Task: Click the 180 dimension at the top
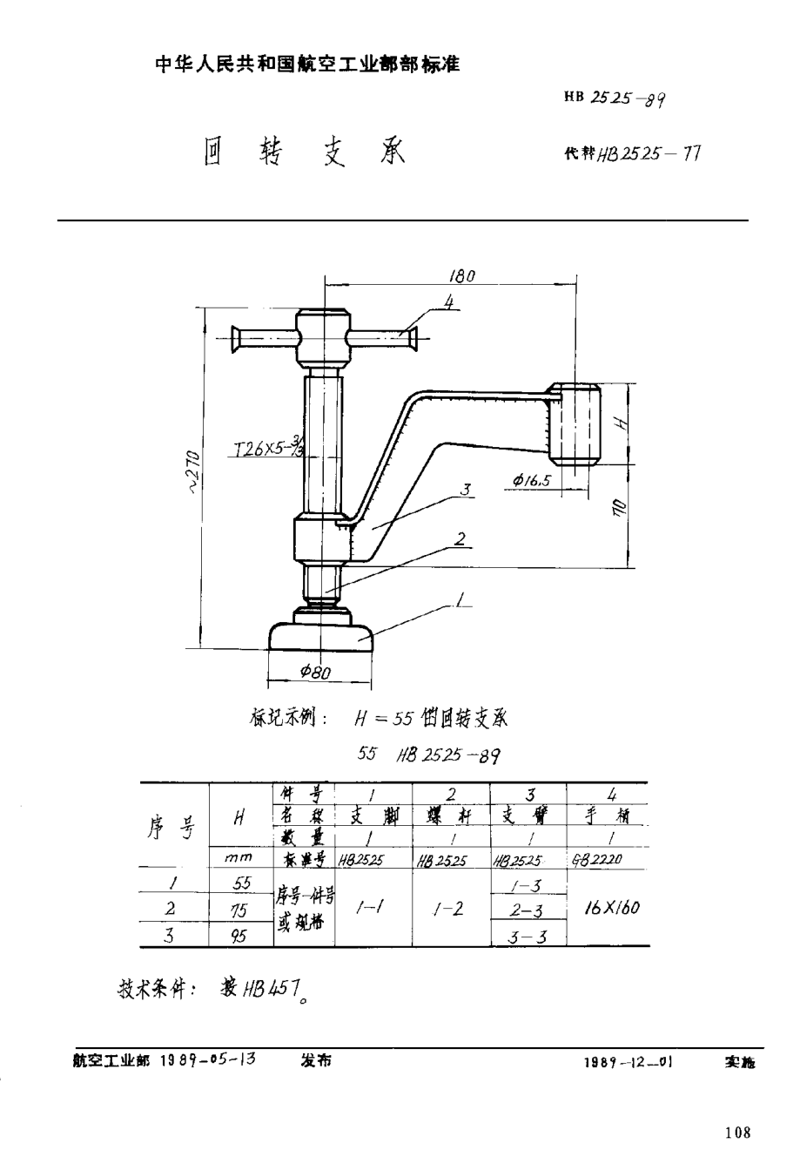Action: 461,275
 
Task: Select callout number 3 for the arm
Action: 467,491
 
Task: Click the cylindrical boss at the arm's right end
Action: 576,426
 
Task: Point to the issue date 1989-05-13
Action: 208,1061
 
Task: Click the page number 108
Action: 736,1133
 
